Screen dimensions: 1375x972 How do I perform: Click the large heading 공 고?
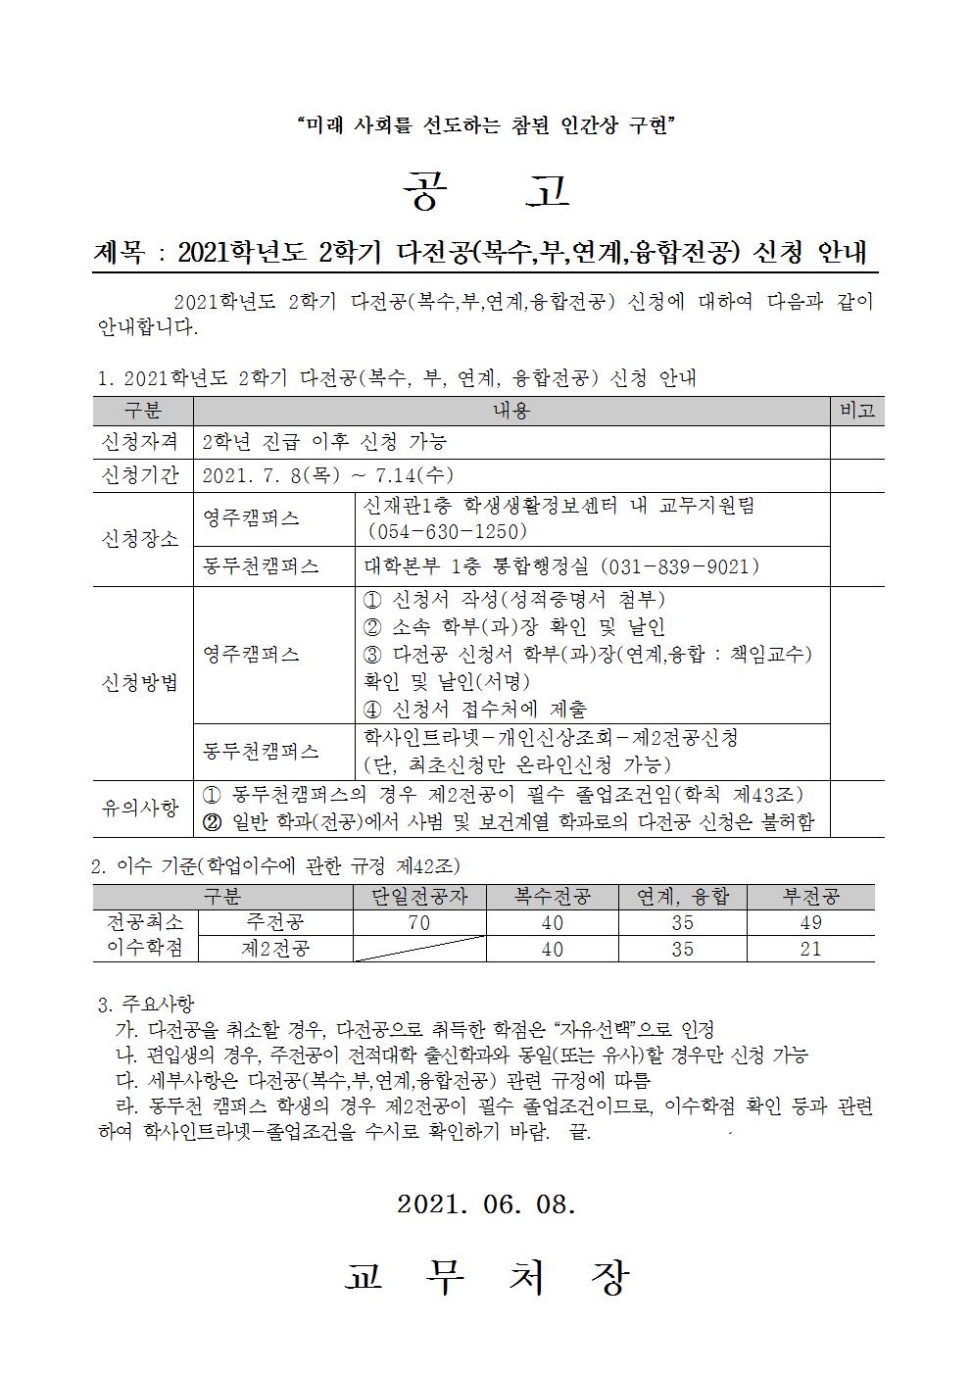(486, 192)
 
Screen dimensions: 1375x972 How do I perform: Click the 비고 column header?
(856, 412)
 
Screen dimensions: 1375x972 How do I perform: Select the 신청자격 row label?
(142, 442)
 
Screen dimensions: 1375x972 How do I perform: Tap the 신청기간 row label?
(142, 476)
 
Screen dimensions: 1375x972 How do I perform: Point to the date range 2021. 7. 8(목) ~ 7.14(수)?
(327, 476)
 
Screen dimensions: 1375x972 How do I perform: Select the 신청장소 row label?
(142, 538)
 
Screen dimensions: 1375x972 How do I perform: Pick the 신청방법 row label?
(142, 683)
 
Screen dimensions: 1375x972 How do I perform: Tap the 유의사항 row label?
(142, 808)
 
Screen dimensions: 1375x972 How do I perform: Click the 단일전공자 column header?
(419, 897)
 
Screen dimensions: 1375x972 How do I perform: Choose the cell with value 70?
(418, 922)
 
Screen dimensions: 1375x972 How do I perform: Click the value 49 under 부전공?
(810, 922)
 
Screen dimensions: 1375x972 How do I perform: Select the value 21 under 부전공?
(810, 949)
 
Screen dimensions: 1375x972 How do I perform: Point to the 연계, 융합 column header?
(682, 897)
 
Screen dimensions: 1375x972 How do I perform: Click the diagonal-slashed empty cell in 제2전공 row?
(419, 949)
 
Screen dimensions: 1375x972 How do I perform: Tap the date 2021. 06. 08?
(486, 1204)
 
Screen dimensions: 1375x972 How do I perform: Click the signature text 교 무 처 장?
(486, 1276)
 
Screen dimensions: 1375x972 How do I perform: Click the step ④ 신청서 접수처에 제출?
(475, 709)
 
